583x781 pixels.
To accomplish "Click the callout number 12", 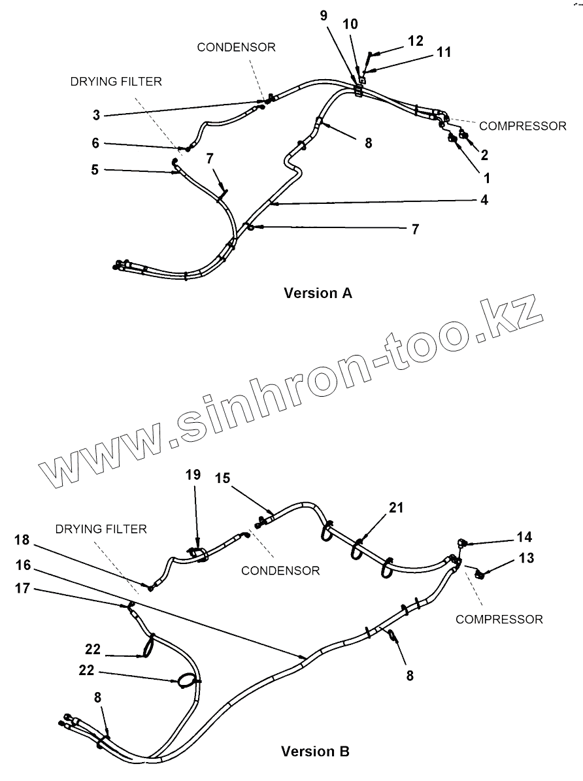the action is tap(416, 41).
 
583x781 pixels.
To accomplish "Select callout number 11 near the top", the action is tap(444, 52).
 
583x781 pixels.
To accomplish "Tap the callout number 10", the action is tap(350, 25).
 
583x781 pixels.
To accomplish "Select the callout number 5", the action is tap(95, 171).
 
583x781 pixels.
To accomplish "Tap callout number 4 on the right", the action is tap(484, 201).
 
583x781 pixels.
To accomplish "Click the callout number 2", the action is tap(484, 155).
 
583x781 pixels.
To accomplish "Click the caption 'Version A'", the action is tap(318, 293).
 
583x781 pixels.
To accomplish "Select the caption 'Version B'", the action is tap(315, 752).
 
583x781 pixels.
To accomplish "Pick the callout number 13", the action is tap(527, 558).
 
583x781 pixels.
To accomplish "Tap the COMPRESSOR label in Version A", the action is tap(523, 126).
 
